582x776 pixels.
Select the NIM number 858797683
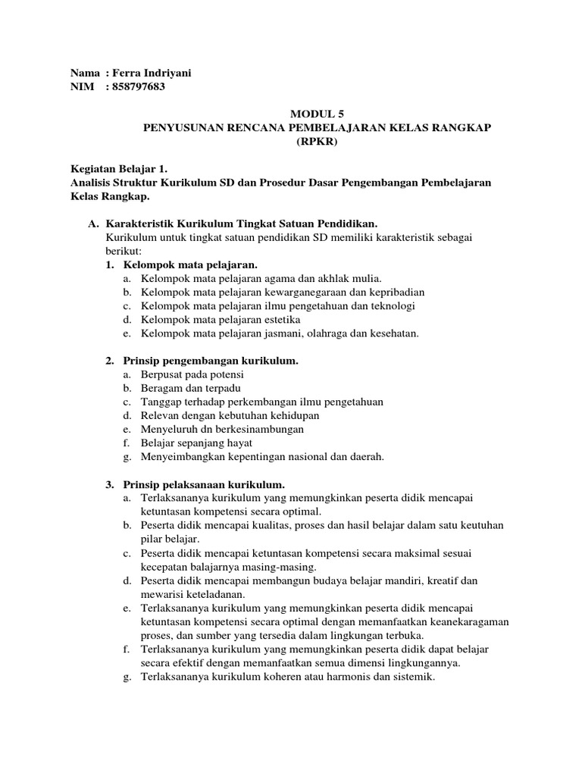pyautogui.click(x=138, y=87)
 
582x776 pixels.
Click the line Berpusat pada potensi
pyautogui.click(x=192, y=374)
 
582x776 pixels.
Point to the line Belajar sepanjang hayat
pyautogui.click(x=196, y=443)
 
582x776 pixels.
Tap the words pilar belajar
pyautogui.click(x=169, y=539)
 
